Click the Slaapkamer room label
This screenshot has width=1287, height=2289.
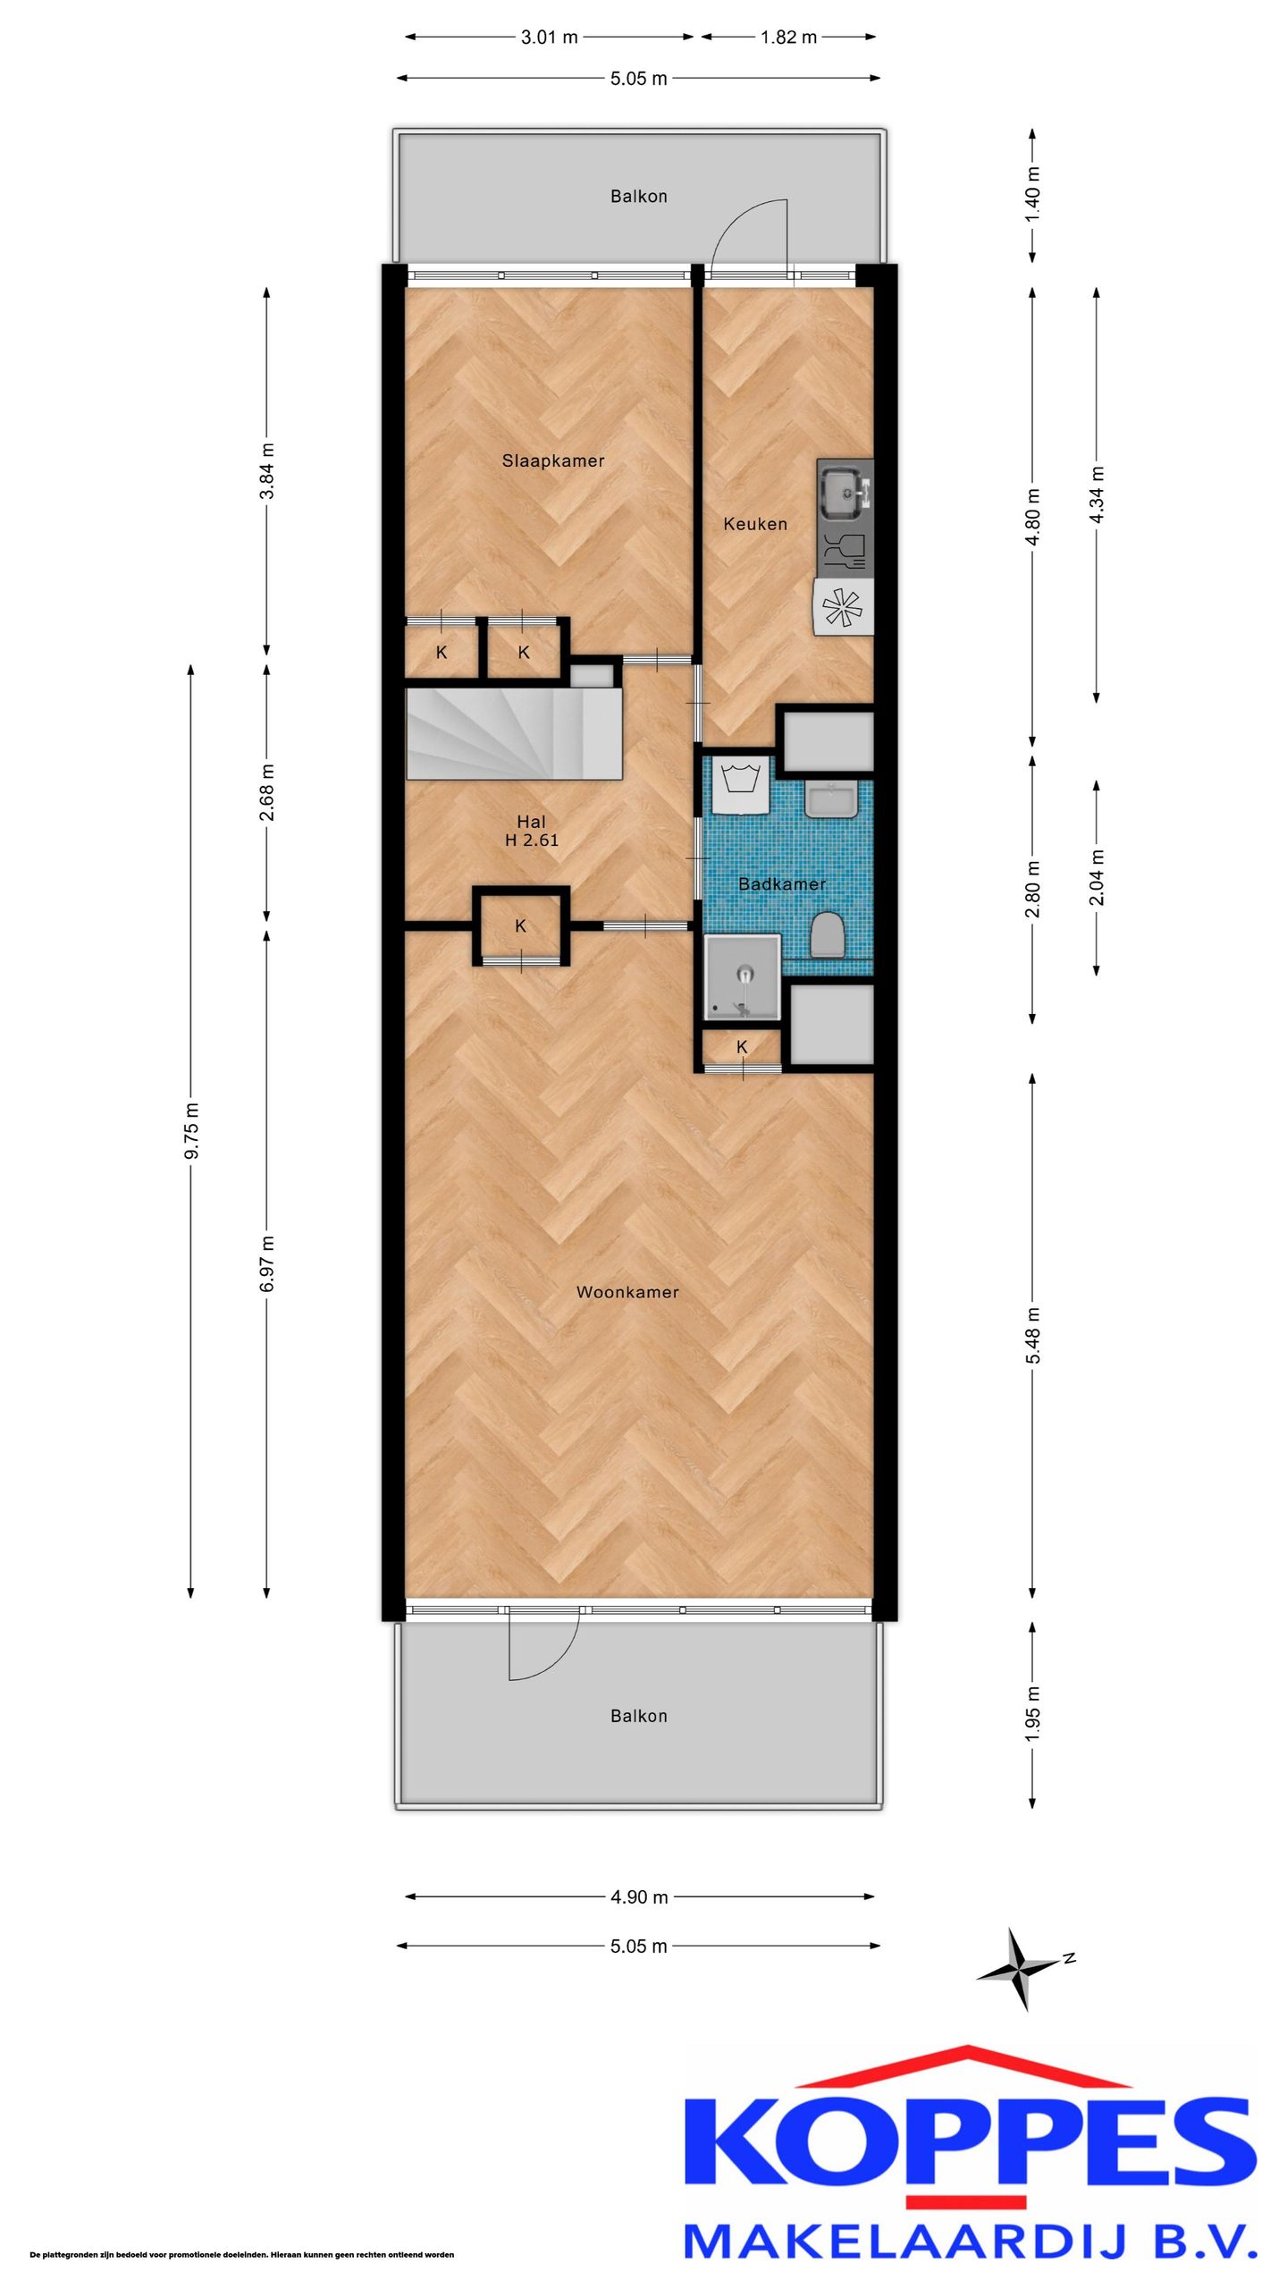point(553,460)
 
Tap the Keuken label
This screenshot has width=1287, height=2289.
point(755,524)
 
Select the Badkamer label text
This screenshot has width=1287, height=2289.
point(782,883)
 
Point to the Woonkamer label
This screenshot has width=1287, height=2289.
point(627,1292)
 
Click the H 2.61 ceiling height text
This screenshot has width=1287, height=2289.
point(532,840)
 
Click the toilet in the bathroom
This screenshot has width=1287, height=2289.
point(828,934)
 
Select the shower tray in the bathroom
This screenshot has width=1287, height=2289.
point(742,977)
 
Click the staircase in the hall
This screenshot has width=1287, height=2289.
point(514,733)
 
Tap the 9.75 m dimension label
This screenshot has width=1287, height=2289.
point(191,1131)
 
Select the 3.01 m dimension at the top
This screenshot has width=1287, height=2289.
point(550,38)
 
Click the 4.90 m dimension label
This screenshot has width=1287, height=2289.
point(639,1896)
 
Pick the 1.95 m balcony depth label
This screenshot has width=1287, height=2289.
point(1033,1712)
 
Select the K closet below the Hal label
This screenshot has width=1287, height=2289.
point(521,926)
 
